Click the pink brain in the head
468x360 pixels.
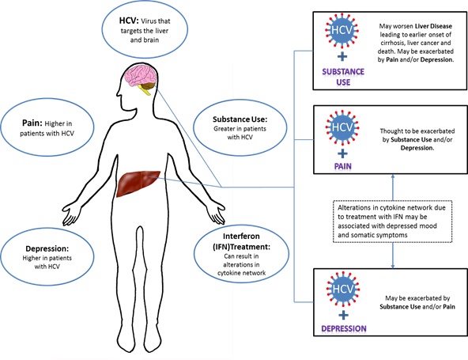pyautogui.click(x=141, y=76)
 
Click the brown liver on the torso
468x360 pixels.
pyautogui.click(x=138, y=184)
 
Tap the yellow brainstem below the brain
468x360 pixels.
pyautogui.click(x=145, y=90)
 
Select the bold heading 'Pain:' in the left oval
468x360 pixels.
pyautogui.click(x=31, y=123)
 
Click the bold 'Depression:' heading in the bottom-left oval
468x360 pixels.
pyautogui.click(x=47, y=248)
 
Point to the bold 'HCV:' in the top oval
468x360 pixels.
pyautogui.click(x=129, y=21)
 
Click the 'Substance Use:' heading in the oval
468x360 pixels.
pyautogui.click(x=240, y=119)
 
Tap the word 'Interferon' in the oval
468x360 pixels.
pyautogui.click(x=241, y=236)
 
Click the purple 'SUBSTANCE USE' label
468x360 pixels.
pyautogui.click(x=343, y=77)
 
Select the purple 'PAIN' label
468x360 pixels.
pyautogui.click(x=342, y=166)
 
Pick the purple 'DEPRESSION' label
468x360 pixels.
pyautogui.click(x=344, y=328)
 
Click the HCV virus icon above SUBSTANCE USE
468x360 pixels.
pyautogui.click(x=342, y=30)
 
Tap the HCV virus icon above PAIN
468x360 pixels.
pyautogui.click(x=342, y=127)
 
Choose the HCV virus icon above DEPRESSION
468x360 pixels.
pyautogui.click(x=343, y=289)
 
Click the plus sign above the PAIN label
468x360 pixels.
pyautogui.click(x=342, y=153)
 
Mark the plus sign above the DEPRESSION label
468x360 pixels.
pyautogui.click(x=344, y=315)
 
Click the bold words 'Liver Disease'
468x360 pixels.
pyautogui.click(x=433, y=26)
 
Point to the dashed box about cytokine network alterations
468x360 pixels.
pyautogui.click(x=392, y=222)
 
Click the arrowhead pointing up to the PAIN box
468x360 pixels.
pyautogui.click(x=393, y=176)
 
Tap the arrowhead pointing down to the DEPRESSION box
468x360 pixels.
pyautogui.click(x=393, y=266)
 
